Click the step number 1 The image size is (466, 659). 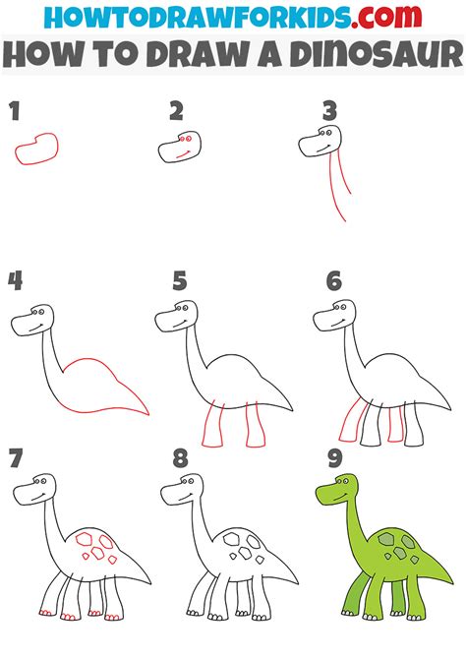15,110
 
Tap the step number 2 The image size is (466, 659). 176,110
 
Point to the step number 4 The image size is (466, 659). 15,282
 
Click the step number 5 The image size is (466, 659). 179,282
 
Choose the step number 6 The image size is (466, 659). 334,282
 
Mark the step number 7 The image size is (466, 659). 15,457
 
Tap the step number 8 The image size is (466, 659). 179,457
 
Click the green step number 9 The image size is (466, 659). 334,457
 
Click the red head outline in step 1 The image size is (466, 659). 36,148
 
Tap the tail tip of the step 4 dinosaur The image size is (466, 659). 146,412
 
